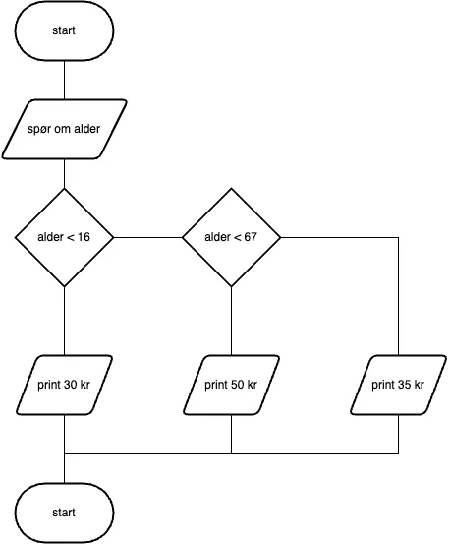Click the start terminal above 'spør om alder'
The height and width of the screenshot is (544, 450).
coord(64,30)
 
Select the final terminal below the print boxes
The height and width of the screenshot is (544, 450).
coord(64,513)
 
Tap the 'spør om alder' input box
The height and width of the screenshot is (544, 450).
coord(64,129)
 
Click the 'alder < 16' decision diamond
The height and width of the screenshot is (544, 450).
coord(64,237)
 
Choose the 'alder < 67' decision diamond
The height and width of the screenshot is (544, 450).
coord(231,237)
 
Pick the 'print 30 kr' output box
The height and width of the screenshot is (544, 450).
coord(64,385)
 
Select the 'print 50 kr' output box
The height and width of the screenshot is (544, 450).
coord(231,385)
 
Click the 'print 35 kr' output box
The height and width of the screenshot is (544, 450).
coord(398,385)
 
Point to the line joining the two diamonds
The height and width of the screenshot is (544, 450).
coord(147,237)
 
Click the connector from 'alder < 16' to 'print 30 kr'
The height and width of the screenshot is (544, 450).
coord(64,320)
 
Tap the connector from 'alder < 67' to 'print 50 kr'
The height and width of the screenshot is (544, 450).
coord(231,320)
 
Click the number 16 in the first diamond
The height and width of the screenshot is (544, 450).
coord(85,238)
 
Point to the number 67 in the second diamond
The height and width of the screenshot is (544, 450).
coord(253,238)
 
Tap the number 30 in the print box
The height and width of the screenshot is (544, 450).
coord(71,385)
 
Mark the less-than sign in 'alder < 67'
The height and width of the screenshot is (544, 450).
coord(237,238)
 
